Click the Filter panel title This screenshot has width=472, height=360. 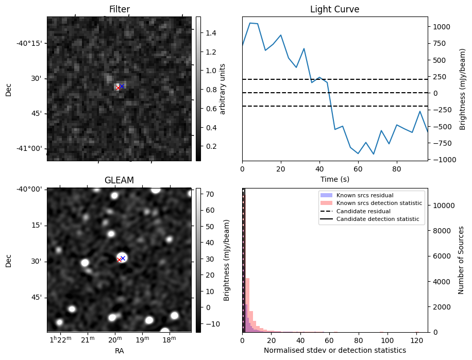[x=119, y=9]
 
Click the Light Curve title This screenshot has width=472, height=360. [x=334, y=9]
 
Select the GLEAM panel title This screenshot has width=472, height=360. [x=119, y=180]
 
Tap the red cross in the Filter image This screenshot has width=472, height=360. [x=118, y=88]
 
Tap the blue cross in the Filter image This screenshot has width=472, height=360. [x=122, y=86]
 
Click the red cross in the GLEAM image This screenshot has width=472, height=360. [x=119, y=260]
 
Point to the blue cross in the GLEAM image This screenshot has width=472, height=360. [x=123, y=258]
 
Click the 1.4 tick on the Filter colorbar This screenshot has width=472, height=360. [x=210, y=33]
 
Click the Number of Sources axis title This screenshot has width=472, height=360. [x=461, y=260]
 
